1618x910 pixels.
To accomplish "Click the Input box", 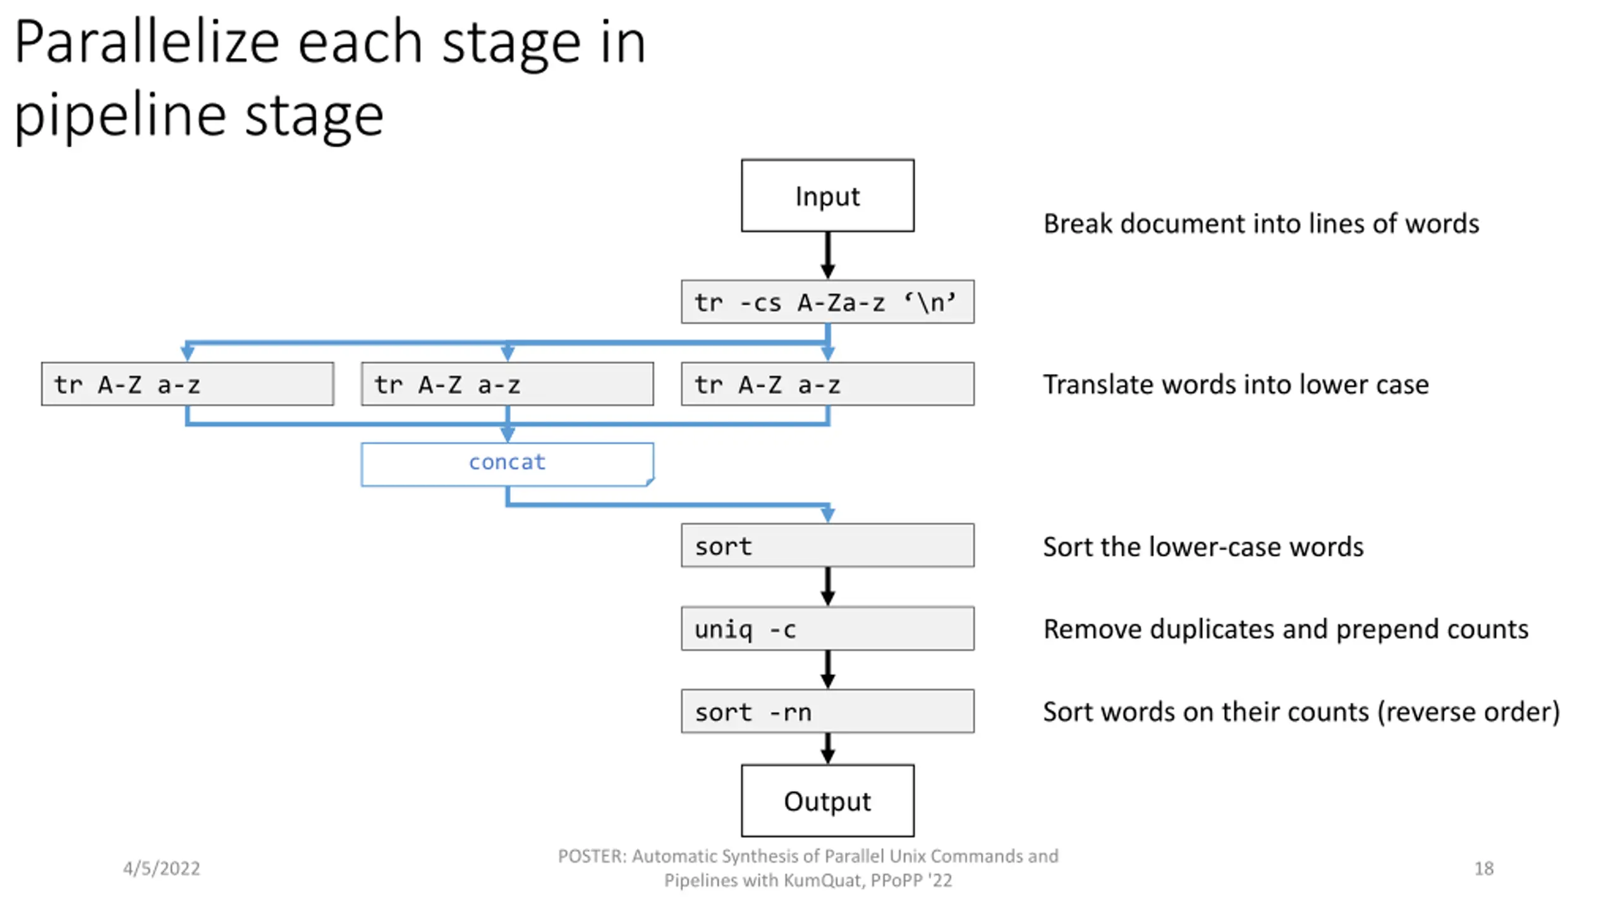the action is [827, 195].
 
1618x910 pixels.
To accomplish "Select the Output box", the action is [827, 801].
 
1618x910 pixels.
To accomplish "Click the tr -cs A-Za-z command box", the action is [827, 302].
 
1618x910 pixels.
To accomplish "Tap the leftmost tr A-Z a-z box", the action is [188, 384].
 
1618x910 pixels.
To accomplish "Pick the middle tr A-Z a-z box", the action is [508, 384].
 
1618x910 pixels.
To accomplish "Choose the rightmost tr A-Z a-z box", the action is [827, 384].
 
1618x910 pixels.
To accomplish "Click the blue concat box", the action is [508, 464].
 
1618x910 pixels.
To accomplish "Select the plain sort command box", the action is [827, 545].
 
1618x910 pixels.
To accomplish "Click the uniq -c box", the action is [827, 629].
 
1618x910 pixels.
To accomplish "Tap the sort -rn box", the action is [827, 712].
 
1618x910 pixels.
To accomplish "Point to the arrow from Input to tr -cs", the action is [827, 255].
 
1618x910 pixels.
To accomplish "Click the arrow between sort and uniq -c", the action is [827, 587].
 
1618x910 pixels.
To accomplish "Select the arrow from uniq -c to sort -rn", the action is [827, 670].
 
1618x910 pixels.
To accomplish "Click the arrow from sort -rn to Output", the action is [827, 749].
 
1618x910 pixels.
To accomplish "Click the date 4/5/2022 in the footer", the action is [161, 868].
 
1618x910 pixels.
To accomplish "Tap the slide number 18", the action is [1484, 868].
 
